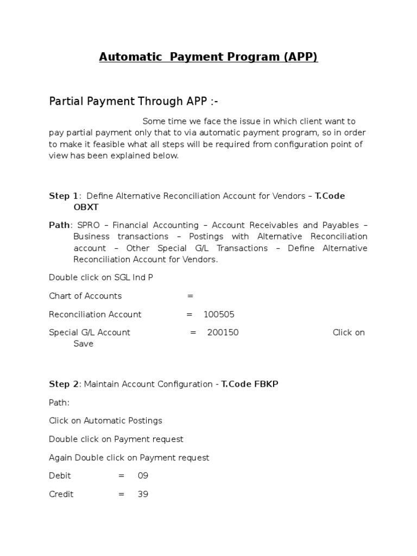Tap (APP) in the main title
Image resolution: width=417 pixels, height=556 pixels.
click(x=300, y=57)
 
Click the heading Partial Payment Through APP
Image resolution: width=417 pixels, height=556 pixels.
click(x=134, y=101)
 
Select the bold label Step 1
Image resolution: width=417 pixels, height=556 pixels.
click(x=64, y=196)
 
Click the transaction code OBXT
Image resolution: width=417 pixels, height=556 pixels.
click(x=86, y=207)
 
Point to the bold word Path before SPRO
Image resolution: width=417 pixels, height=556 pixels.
click(x=59, y=225)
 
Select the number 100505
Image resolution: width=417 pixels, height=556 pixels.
click(x=219, y=314)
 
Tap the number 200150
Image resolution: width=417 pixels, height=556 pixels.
click(x=223, y=332)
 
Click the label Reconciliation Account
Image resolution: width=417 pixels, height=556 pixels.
click(x=95, y=314)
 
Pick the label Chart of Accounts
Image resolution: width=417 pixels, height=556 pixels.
click(x=85, y=296)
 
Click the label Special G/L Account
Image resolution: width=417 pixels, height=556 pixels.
click(x=90, y=332)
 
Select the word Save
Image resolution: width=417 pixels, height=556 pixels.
click(x=84, y=344)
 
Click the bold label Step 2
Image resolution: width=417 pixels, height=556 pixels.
click(x=64, y=384)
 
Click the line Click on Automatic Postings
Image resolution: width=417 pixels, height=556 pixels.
click(x=105, y=421)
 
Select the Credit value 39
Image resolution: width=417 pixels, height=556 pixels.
click(x=143, y=495)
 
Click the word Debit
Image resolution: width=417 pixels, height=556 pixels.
click(x=60, y=476)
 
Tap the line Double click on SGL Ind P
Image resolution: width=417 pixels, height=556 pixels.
click(x=101, y=277)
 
